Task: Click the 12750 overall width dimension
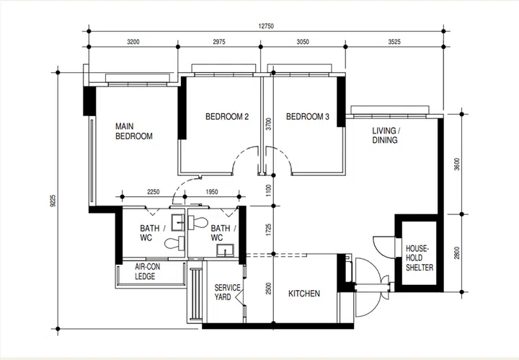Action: pyautogui.click(x=266, y=26)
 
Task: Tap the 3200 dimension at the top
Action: pyautogui.click(x=133, y=42)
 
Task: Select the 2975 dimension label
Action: pyautogui.click(x=219, y=42)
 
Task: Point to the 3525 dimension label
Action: pyautogui.click(x=394, y=42)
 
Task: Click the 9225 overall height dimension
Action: pyautogui.click(x=53, y=201)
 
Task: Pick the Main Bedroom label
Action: pyautogui.click(x=134, y=131)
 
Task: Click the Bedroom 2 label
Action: pyautogui.click(x=227, y=117)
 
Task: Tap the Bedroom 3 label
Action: pyautogui.click(x=308, y=117)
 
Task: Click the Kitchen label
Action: pyautogui.click(x=304, y=294)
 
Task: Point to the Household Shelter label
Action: pyautogui.click(x=420, y=258)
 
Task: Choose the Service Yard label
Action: pyautogui.click(x=227, y=292)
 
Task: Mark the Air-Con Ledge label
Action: pyautogui.click(x=147, y=271)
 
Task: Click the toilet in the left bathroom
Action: pyautogui.click(x=174, y=243)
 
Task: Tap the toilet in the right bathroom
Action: pyautogui.click(x=198, y=222)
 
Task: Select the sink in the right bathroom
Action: pyautogui.click(x=225, y=250)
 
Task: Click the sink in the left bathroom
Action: pyautogui.click(x=178, y=222)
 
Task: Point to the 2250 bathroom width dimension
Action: pyautogui.click(x=154, y=192)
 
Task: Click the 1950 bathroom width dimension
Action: pyautogui.click(x=212, y=192)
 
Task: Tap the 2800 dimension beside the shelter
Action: pyautogui.click(x=457, y=253)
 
